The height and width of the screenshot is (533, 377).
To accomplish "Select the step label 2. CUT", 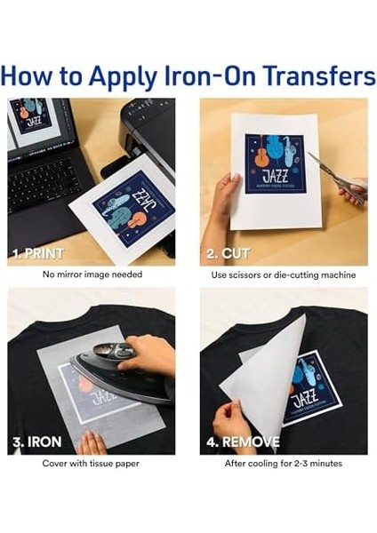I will [x=229, y=253].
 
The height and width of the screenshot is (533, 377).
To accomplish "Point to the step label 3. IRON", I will [x=35, y=442].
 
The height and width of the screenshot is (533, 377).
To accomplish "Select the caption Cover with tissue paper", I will [x=90, y=464].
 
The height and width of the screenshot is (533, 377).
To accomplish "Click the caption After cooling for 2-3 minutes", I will [x=283, y=464].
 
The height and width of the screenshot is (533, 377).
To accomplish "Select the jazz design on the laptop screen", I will [x=28, y=116].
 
